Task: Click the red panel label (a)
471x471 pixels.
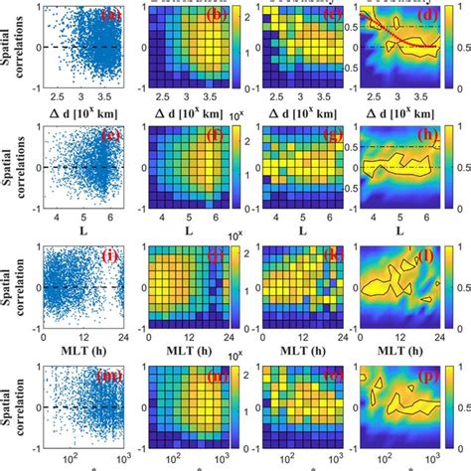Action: click(x=106, y=16)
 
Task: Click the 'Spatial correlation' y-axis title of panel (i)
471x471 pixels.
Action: click(x=11, y=288)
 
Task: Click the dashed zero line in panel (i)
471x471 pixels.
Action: click(x=78, y=288)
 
